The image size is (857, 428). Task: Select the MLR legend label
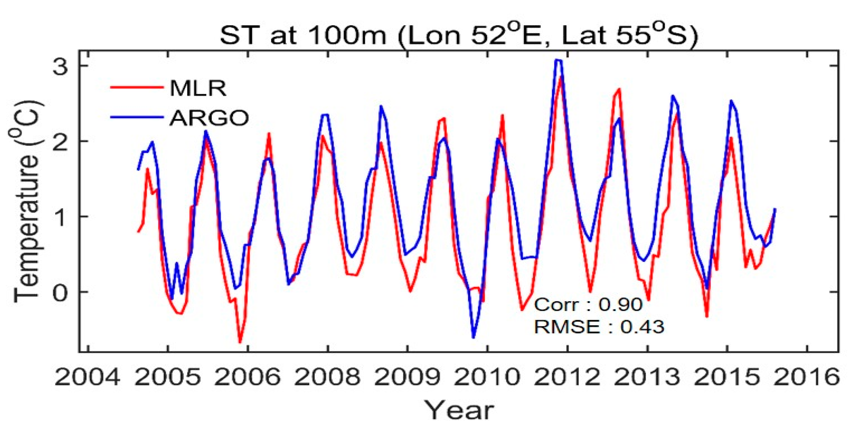tap(198, 89)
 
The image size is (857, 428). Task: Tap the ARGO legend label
tap(209, 118)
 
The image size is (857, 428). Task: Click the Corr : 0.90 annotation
tap(588, 305)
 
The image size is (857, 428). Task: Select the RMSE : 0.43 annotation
tap(599, 326)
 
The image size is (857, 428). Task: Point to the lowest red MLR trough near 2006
tap(240, 342)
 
